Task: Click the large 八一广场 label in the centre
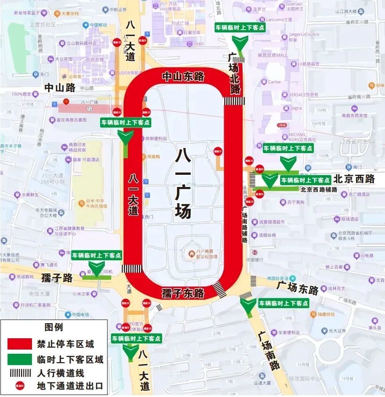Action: coord(183,183)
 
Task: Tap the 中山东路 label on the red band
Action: coord(183,76)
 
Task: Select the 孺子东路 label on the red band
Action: coord(183,294)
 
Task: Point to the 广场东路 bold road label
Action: coord(297,286)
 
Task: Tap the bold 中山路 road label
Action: coord(60,87)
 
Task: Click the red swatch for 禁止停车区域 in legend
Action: coord(20,343)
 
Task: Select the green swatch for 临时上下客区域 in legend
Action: coord(20,359)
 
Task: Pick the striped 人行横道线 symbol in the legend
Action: coord(20,374)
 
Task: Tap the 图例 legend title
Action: coord(54,327)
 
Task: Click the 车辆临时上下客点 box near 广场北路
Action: coord(240,27)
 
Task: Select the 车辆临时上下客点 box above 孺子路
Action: coord(97,256)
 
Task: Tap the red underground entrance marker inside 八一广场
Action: coord(218,151)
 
